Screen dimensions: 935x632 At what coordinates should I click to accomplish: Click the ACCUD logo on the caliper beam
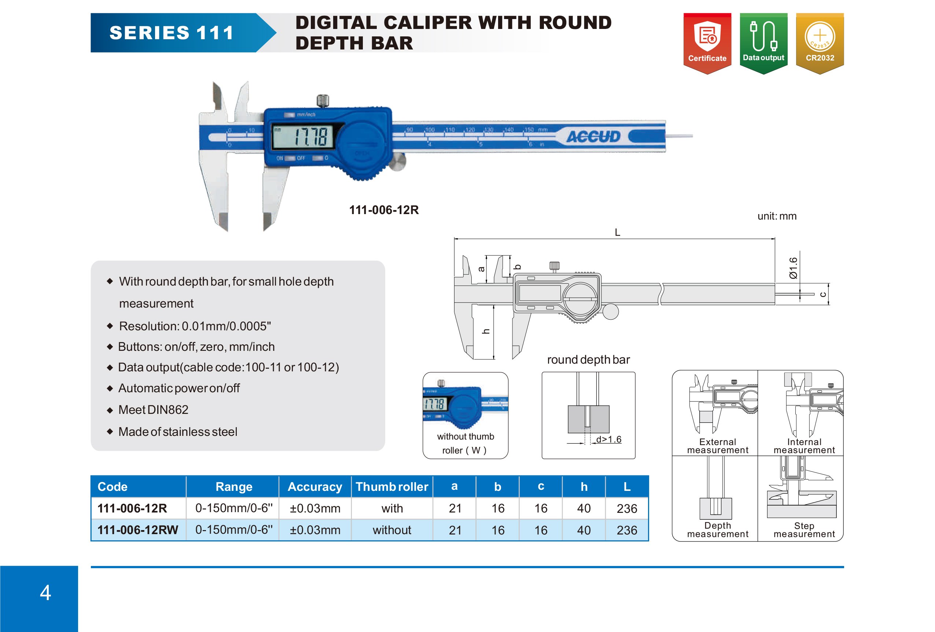[x=593, y=136]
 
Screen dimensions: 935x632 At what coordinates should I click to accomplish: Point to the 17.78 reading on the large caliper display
[x=310, y=137]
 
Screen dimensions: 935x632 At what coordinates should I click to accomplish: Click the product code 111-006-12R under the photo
[x=384, y=210]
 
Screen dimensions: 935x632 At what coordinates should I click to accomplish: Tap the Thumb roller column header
[x=392, y=487]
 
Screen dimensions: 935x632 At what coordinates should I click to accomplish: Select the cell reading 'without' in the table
[x=392, y=530]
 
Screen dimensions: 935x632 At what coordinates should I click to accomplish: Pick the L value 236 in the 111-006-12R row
[x=627, y=508]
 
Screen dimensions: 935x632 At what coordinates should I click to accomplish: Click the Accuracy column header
[x=315, y=487]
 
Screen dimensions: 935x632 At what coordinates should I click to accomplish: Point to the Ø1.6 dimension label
[x=793, y=268]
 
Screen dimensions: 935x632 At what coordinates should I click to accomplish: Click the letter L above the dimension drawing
[x=618, y=232]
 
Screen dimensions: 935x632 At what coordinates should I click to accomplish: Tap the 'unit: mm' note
[x=777, y=216]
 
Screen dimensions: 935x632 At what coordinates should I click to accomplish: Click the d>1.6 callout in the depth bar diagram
[x=609, y=439]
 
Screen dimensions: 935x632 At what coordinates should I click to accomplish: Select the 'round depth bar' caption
[x=588, y=359]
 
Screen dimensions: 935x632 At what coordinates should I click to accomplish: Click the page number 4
[x=45, y=592]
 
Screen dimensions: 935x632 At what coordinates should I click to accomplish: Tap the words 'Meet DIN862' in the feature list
[x=153, y=409]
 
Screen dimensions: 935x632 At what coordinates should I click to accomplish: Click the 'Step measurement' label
[x=804, y=530]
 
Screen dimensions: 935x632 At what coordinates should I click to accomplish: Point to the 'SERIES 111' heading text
[x=172, y=33]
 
